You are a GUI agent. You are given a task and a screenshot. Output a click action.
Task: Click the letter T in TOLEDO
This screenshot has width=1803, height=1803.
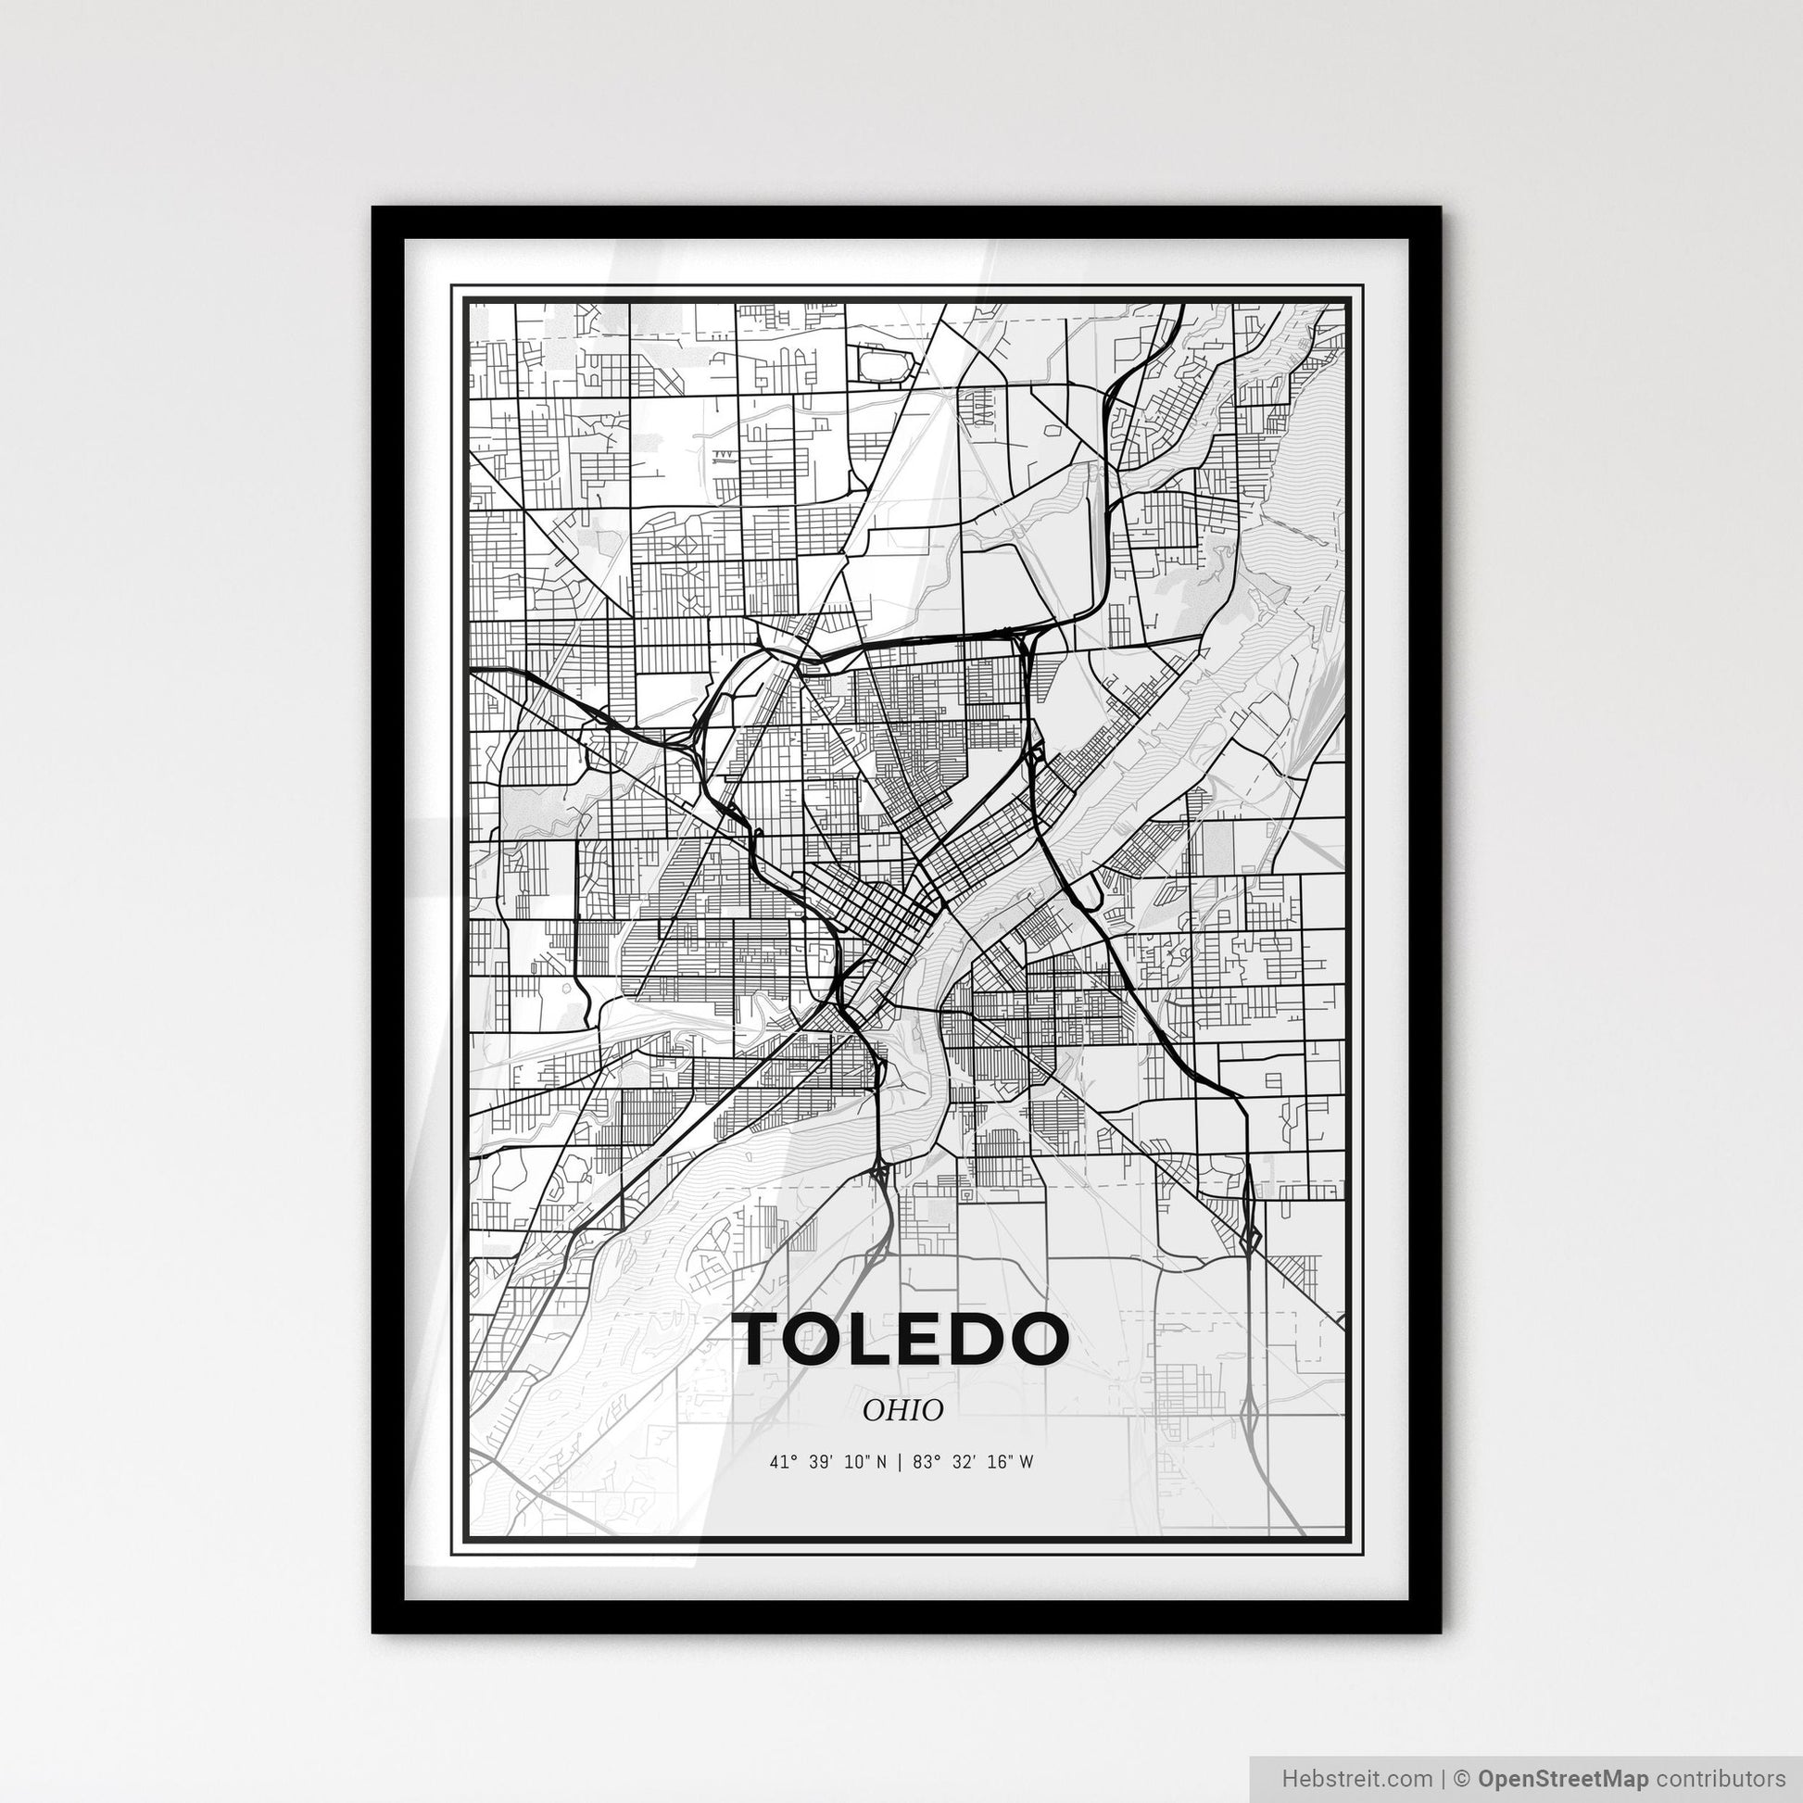pyautogui.click(x=767, y=1338)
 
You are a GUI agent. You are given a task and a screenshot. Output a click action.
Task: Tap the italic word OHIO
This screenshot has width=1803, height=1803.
pyautogui.click(x=902, y=1410)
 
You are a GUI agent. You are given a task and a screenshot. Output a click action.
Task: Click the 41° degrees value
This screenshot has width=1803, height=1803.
pyautogui.click(x=782, y=1462)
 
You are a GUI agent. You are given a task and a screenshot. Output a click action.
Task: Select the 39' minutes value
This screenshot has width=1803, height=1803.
pyautogui.click(x=820, y=1462)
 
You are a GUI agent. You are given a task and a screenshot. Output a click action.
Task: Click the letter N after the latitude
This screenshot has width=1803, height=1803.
pyautogui.click(x=883, y=1462)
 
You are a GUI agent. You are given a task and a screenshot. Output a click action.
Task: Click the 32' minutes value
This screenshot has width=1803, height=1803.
pyautogui.click(x=964, y=1462)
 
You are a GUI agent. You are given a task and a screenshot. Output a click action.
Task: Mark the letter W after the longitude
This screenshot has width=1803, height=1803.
pyautogui.click(x=1027, y=1462)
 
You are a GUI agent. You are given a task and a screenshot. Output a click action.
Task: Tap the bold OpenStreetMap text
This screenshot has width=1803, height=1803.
pyautogui.click(x=1563, y=1777)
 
